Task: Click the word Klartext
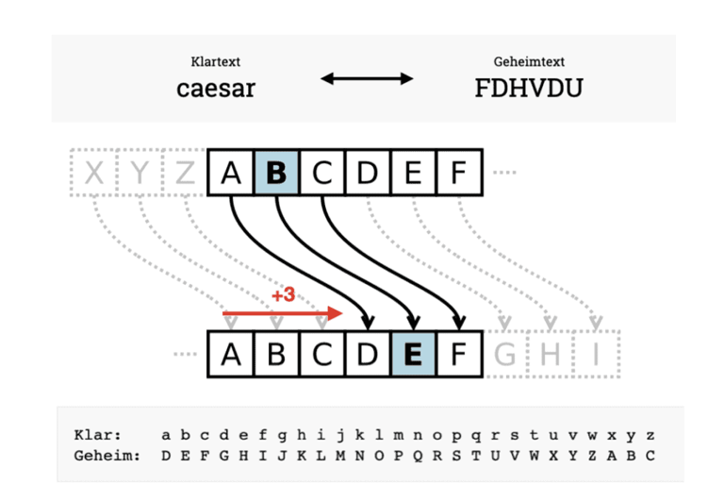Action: [216, 61]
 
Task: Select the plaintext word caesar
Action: [216, 89]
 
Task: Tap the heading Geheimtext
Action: [529, 61]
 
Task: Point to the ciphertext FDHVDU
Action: [529, 88]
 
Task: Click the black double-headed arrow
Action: [367, 78]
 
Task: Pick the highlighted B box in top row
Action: [276, 173]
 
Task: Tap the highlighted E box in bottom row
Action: [413, 354]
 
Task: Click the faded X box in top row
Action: [94, 173]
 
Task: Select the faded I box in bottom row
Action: [596, 354]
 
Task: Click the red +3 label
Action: [283, 294]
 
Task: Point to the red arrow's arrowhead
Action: [335, 313]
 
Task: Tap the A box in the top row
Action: [231, 173]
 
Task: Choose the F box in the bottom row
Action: [459, 354]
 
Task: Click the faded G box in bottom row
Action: [504, 354]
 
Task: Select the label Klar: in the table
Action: [97, 435]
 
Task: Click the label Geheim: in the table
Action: [107, 456]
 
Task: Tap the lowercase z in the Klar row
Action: [650, 435]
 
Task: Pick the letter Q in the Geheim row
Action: [418, 456]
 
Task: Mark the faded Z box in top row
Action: [185, 173]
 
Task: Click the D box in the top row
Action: [368, 173]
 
